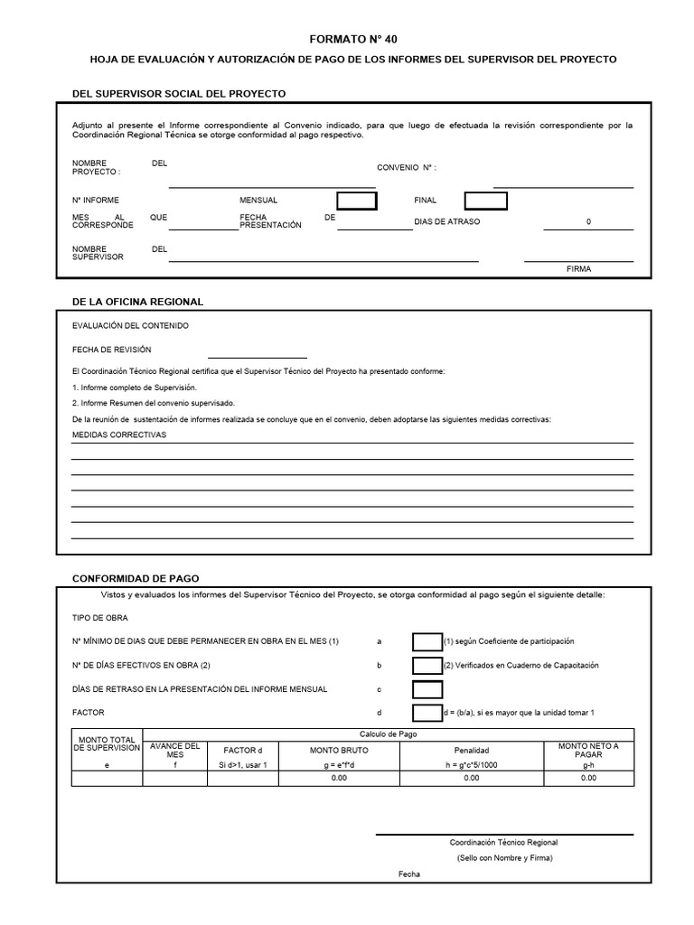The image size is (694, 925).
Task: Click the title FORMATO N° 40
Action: click(352, 39)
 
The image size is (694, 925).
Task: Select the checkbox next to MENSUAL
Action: click(356, 201)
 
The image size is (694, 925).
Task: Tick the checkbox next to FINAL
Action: click(485, 201)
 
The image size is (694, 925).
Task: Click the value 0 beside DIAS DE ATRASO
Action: click(588, 221)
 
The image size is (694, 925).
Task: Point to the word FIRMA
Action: click(578, 269)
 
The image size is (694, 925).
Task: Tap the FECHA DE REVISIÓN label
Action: click(111, 350)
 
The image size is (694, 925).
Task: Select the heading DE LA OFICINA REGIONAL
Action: click(137, 302)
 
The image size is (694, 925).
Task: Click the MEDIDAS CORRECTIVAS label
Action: click(119, 434)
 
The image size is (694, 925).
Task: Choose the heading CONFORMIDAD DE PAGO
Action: click(136, 578)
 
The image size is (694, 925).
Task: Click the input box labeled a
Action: click(427, 641)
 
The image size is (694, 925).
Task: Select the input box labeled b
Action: click(427, 666)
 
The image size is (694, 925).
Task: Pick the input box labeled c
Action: click(427, 689)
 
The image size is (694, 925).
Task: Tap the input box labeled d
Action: click(427, 713)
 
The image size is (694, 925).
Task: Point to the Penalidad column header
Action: click(471, 750)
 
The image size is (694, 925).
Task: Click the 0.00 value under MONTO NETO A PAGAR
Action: click(588, 778)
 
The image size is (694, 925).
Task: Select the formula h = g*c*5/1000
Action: click(471, 764)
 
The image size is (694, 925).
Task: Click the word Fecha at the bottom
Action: click(409, 874)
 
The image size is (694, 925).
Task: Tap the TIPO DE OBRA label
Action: click(99, 618)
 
